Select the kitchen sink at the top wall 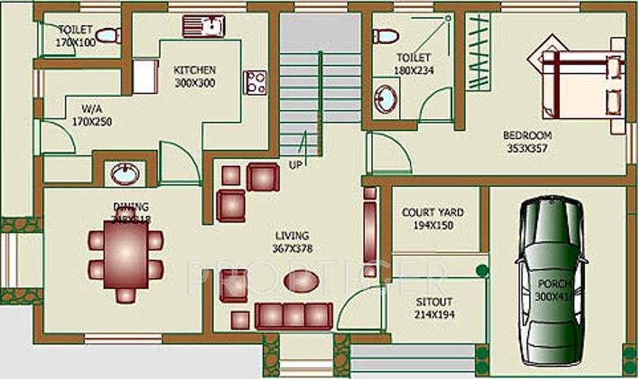click(203, 26)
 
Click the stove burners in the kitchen click(255, 82)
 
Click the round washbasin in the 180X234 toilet click(386, 99)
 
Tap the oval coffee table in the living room click(297, 280)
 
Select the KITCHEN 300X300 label click(194, 75)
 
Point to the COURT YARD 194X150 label click(432, 219)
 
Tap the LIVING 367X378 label click(292, 242)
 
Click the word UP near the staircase click(295, 164)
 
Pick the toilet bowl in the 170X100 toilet click(108, 35)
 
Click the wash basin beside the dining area click(124, 174)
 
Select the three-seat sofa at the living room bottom click(294, 315)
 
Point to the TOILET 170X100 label click(76, 36)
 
